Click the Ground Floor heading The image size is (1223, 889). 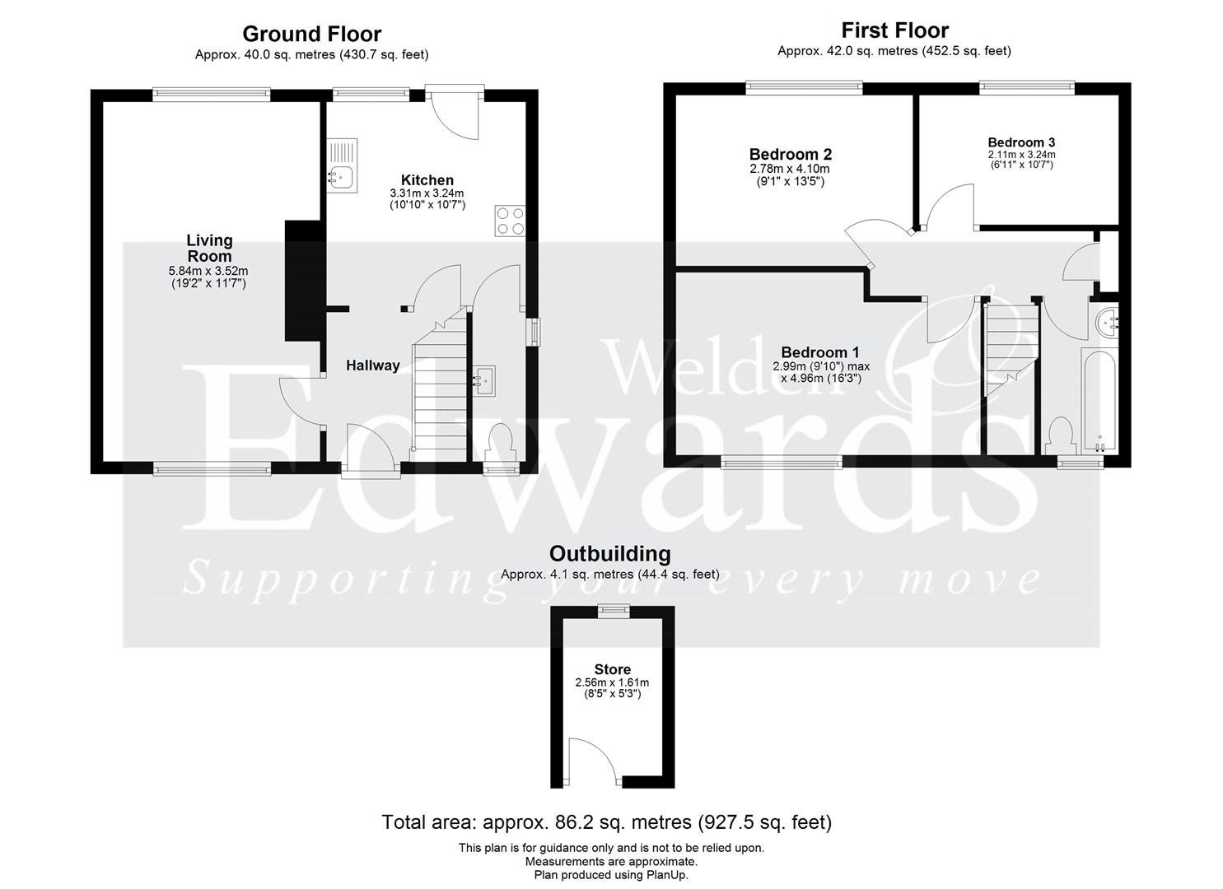click(311, 34)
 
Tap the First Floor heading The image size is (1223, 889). click(894, 30)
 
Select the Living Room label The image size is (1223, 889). click(209, 249)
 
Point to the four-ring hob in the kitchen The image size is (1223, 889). click(510, 220)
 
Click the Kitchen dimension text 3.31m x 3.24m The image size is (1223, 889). click(427, 193)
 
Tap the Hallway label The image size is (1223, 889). click(372, 365)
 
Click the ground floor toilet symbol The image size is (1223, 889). click(500, 442)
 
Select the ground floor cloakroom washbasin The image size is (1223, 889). click(483, 379)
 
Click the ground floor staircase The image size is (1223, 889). click(438, 387)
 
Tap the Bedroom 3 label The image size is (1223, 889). click(1021, 142)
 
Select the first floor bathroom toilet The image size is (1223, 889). click(1061, 435)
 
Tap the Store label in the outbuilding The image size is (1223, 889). click(612, 669)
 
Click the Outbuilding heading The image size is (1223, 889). click(609, 553)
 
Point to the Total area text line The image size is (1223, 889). click(606, 822)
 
